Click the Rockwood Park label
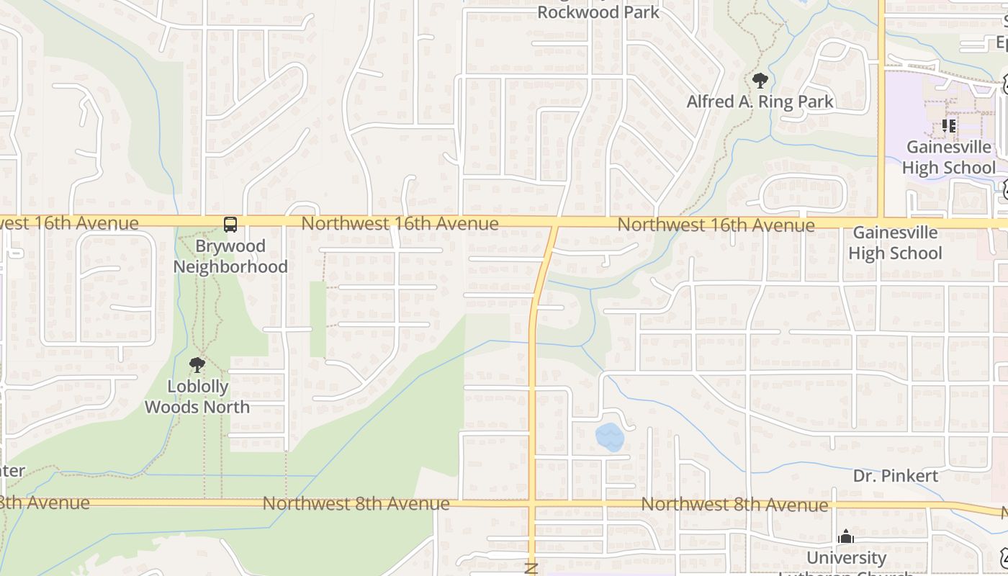(598, 12)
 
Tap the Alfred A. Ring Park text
(760, 102)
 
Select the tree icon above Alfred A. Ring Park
(760, 80)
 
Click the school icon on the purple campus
(949, 126)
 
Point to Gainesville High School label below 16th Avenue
(895, 243)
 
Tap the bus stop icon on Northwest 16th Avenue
(230, 225)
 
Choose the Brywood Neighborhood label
(230, 256)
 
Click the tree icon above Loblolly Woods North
(197, 365)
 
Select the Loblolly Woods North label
(197, 397)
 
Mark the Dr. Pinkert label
(896, 476)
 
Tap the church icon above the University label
(846, 536)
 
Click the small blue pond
(609, 436)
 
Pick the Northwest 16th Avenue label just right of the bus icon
(400, 223)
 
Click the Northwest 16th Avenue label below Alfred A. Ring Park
(716, 225)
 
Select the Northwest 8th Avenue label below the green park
(356, 503)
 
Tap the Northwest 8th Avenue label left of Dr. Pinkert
(734, 505)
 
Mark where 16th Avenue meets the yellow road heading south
(554, 224)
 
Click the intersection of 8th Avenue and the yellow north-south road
(533, 503)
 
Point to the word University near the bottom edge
(846, 558)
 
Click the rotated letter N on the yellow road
(532, 568)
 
